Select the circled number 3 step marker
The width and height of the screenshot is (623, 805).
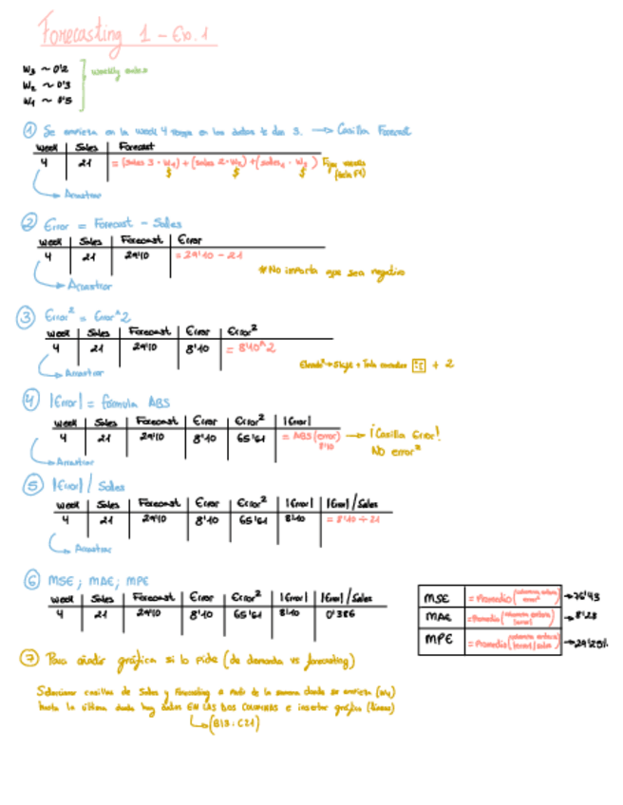(28, 316)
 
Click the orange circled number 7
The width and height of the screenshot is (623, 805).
(28, 658)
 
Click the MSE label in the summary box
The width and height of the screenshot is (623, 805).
(438, 598)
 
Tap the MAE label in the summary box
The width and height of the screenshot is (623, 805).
(438, 618)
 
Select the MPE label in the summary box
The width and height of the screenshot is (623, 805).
(438, 641)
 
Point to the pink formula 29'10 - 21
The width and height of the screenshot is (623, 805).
(210, 255)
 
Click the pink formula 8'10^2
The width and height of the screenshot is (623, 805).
(250, 348)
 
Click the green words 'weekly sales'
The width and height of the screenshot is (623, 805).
(119, 70)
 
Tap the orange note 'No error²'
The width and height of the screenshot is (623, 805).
(394, 452)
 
